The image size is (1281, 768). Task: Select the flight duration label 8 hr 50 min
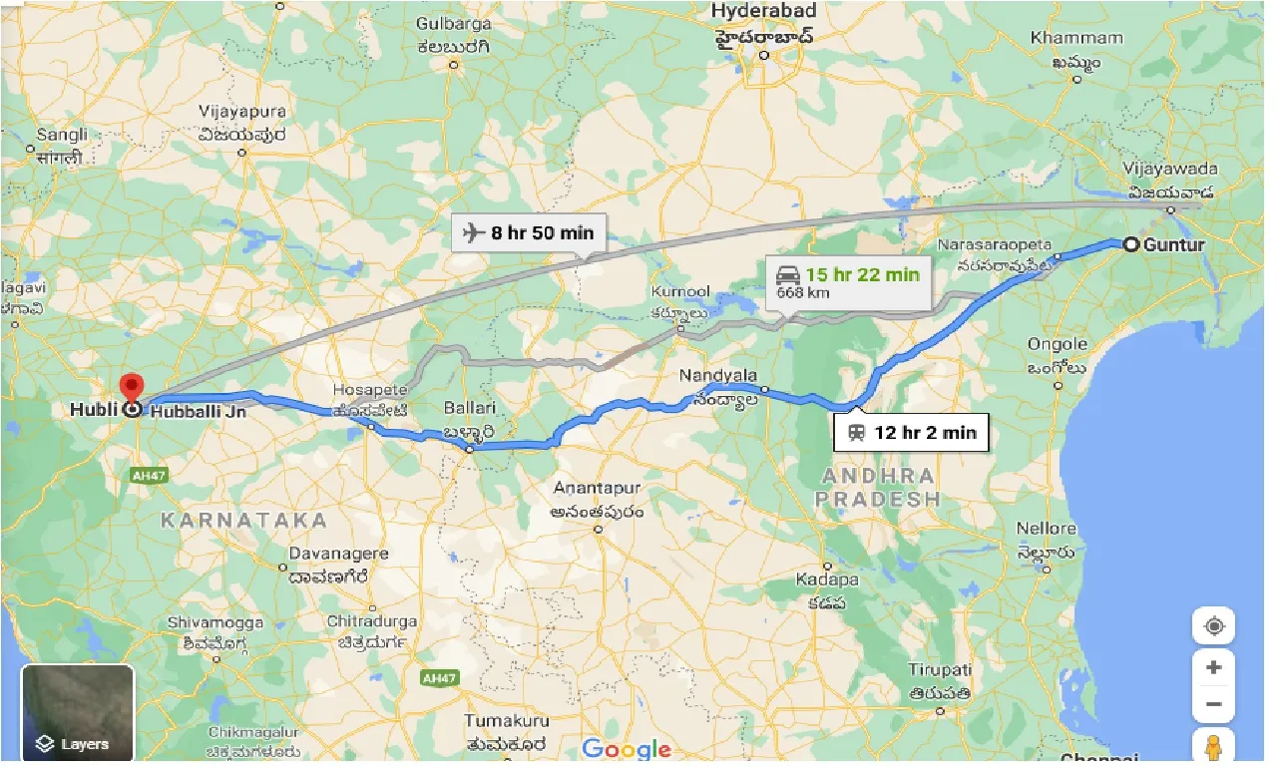pyautogui.click(x=529, y=233)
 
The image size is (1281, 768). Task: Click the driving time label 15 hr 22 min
pyautogui.click(x=862, y=274)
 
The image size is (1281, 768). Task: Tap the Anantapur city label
pyautogui.click(x=598, y=489)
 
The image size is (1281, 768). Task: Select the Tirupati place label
pyautogui.click(x=940, y=669)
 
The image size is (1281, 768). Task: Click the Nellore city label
pyautogui.click(x=1047, y=529)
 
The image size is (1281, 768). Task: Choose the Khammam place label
pyautogui.click(x=1076, y=38)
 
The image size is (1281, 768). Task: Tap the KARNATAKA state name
pyautogui.click(x=244, y=521)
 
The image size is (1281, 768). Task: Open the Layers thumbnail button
pyautogui.click(x=77, y=714)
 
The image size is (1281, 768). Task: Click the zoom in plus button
pyautogui.click(x=1213, y=667)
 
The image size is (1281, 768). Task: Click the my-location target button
pyautogui.click(x=1213, y=627)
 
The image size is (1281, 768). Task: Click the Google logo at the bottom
pyautogui.click(x=627, y=749)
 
